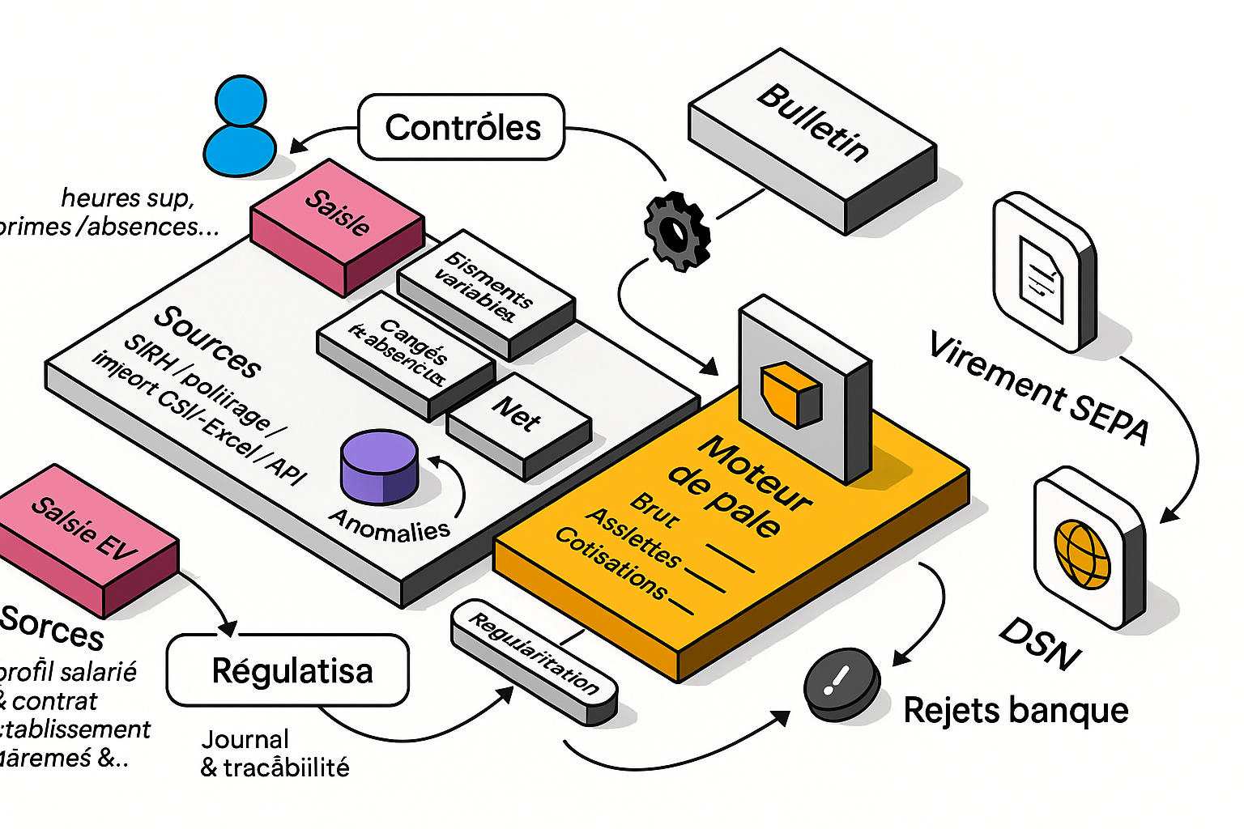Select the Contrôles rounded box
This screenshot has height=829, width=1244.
tap(462, 127)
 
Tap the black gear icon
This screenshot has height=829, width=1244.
tap(676, 232)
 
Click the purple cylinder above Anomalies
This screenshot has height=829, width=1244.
tap(379, 467)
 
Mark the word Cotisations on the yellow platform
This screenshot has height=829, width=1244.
tap(612, 564)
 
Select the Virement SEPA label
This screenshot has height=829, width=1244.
tap(1039, 388)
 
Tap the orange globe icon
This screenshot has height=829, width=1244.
tap(1082, 554)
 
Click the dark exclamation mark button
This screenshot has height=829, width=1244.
tap(841, 684)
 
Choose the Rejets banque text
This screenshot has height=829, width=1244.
tap(1016, 711)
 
